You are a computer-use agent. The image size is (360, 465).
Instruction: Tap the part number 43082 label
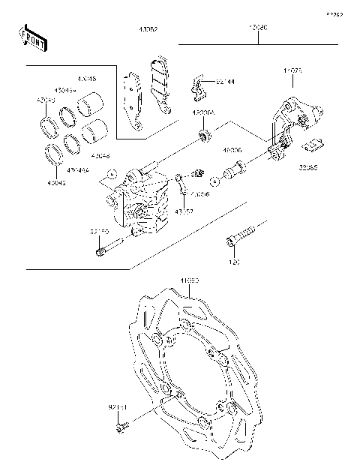(147, 31)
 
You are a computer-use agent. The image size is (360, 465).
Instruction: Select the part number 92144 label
(224, 83)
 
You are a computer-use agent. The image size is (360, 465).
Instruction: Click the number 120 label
(233, 263)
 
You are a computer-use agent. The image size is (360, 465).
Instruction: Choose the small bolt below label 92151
(121, 429)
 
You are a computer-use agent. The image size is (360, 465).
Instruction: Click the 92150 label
(100, 232)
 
